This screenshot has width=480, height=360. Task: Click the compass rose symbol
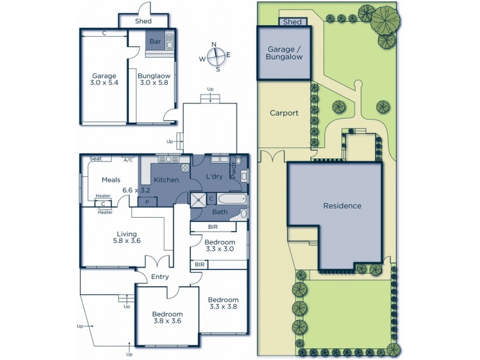tap(218, 56)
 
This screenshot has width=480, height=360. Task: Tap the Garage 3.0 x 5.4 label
tap(104, 80)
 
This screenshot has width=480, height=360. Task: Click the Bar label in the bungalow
tap(155, 42)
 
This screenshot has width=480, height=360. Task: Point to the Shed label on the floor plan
tap(143, 22)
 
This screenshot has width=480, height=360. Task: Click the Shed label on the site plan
tap(292, 22)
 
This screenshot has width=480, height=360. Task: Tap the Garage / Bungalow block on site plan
tap(284, 53)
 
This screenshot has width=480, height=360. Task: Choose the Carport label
tap(284, 113)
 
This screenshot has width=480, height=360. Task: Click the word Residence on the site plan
tap(343, 206)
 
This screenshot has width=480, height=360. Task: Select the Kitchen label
tap(166, 180)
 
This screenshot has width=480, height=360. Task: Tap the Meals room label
tap(111, 180)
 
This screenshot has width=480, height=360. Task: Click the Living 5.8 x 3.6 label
tap(127, 238)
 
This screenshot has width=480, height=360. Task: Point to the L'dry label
tap(215, 177)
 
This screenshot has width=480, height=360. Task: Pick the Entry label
tap(160, 277)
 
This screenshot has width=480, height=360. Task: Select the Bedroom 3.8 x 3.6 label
tap(167, 317)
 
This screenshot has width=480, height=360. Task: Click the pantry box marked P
tap(148, 202)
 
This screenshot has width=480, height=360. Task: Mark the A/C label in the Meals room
tap(128, 160)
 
